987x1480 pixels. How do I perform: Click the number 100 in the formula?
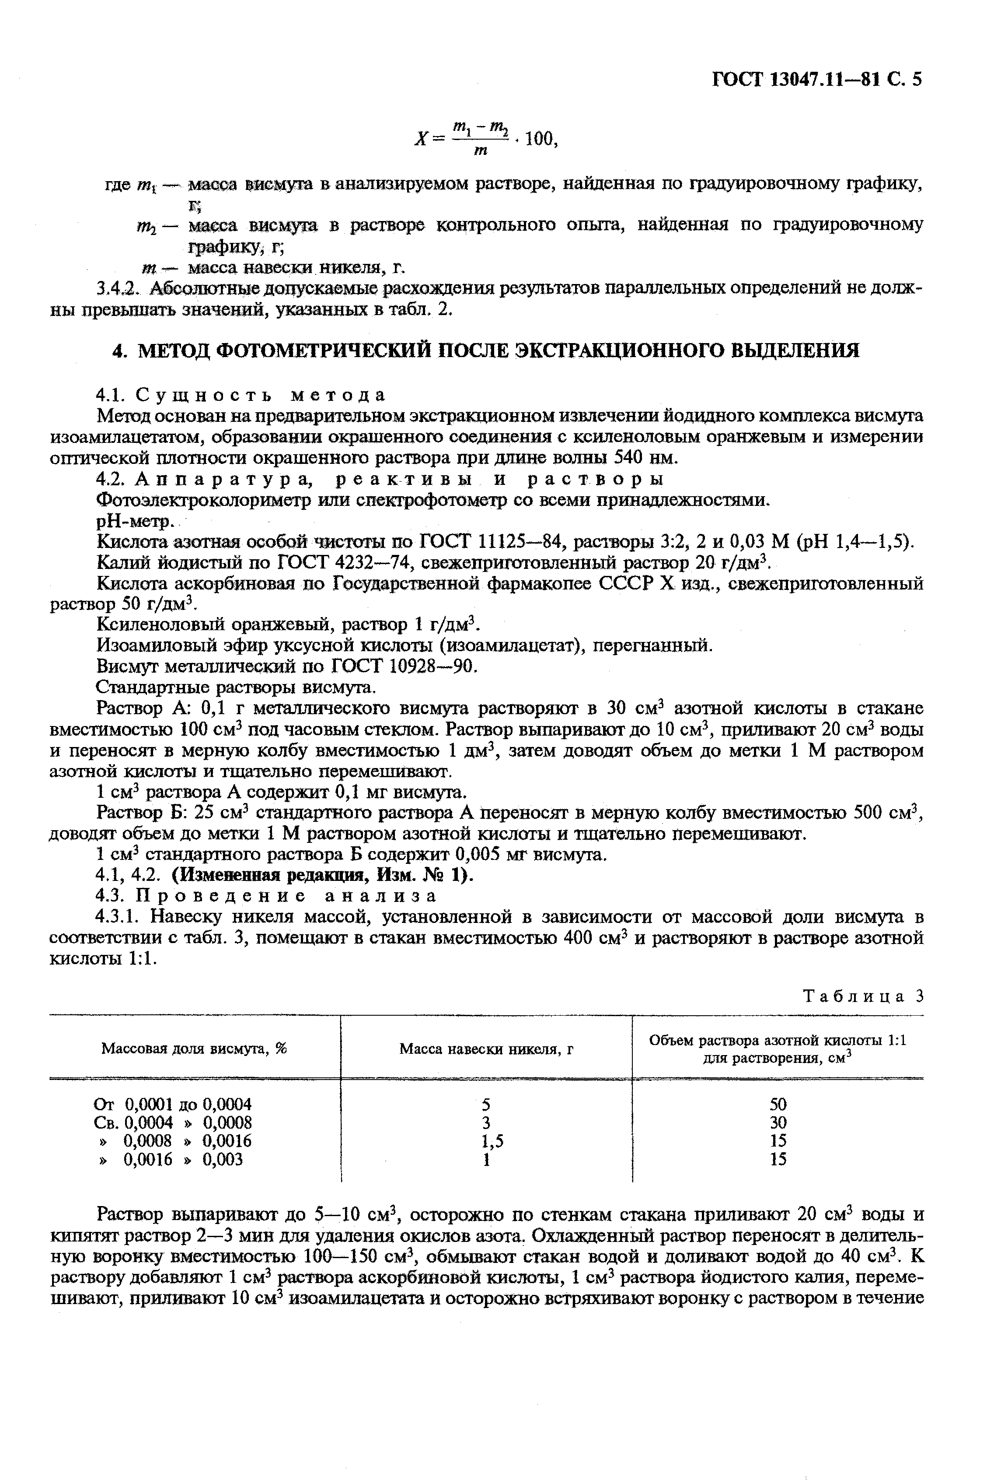coord(540,139)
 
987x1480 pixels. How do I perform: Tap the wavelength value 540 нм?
coord(636,457)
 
